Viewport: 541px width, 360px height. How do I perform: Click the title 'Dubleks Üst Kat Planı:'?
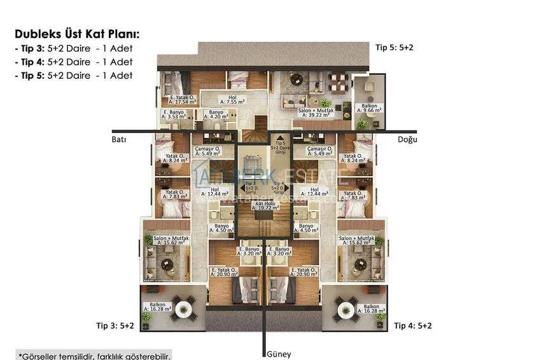click(x=77, y=34)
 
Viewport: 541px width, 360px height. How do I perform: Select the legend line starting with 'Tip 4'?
click(x=73, y=62)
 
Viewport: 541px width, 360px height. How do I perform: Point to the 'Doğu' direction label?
click(x=407, y=139)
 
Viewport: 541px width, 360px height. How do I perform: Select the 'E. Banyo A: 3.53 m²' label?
click(x=173, y=115)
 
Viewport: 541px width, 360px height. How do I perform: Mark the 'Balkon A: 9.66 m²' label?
click(x=369, y=107)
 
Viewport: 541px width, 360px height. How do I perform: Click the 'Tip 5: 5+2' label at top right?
click(x=394, y=48)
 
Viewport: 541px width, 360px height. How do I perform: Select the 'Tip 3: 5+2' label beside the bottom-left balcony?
click(x=115, y=326)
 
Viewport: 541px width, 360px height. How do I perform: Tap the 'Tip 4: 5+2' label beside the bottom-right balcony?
click(x=413, y=326)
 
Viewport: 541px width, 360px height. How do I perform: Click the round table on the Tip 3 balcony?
click(x=184, y=310)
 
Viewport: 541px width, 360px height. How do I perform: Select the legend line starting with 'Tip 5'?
click(x=73, y=75)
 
